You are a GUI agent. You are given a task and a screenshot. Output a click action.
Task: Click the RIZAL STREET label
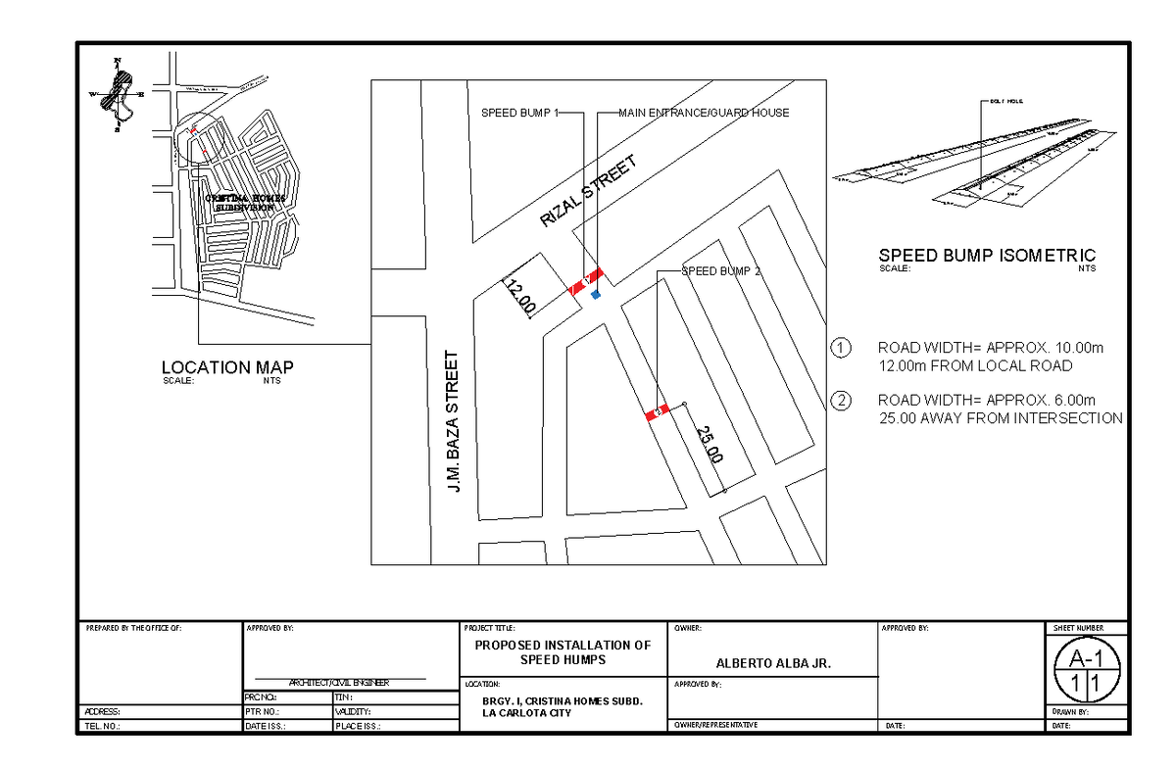click(x=588, y=192)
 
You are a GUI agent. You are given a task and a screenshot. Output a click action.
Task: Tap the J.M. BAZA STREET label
click(x=452, y=422)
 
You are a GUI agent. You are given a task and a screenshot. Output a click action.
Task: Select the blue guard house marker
click(x=595, y=294)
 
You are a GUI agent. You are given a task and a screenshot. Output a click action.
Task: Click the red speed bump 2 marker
click(x=657, y=412)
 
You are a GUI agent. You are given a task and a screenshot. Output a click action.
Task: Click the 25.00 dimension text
click(x=710, y=446)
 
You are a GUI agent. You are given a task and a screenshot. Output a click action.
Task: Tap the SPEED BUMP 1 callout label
click(x=518, y=113)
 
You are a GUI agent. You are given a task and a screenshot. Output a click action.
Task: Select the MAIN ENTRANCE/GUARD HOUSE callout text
click(x=703, y=113)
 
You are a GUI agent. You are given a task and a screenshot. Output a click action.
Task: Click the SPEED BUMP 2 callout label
click(x=721, y=271)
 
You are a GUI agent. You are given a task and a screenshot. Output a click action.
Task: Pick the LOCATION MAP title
click(x=227, y=367)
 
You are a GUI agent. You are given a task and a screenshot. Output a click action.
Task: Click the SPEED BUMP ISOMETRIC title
click(x=987, y=256)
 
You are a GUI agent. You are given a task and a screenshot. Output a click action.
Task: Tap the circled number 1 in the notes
click(x=840, y=348)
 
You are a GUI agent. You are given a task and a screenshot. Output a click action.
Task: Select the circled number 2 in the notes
click(x=840, y=400)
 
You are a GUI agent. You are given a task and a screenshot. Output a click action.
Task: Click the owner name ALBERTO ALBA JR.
click(x=773, y=663)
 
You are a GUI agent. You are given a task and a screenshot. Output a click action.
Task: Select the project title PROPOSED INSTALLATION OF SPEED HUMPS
click(x=563, y=652)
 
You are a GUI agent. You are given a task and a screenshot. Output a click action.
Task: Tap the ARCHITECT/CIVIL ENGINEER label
click(x=338, y=683)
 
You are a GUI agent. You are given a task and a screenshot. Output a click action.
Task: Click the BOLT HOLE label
click(x=1005, y=101)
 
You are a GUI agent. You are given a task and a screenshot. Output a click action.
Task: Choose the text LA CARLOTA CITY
click(x=527, y=713)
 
